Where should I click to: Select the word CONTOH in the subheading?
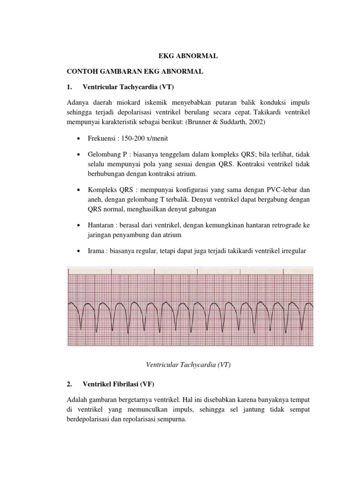point(81,71)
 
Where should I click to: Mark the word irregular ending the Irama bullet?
point(292,251)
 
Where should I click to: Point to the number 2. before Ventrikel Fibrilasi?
point(69,385)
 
